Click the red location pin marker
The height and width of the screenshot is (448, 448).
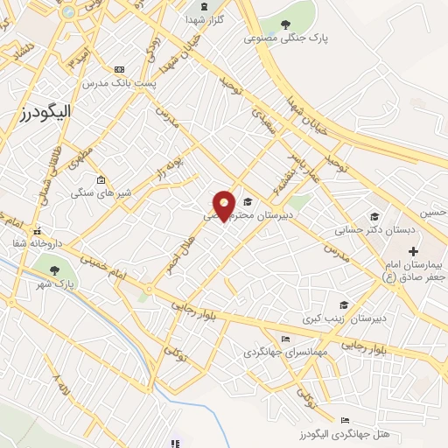[x=225, y=206]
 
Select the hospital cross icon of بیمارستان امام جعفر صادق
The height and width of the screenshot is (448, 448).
[x=413, y=251]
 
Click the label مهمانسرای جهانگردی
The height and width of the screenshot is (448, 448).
[x=283, y=353]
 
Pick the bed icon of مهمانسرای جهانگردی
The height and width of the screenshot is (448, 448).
[x=284, y=339]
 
